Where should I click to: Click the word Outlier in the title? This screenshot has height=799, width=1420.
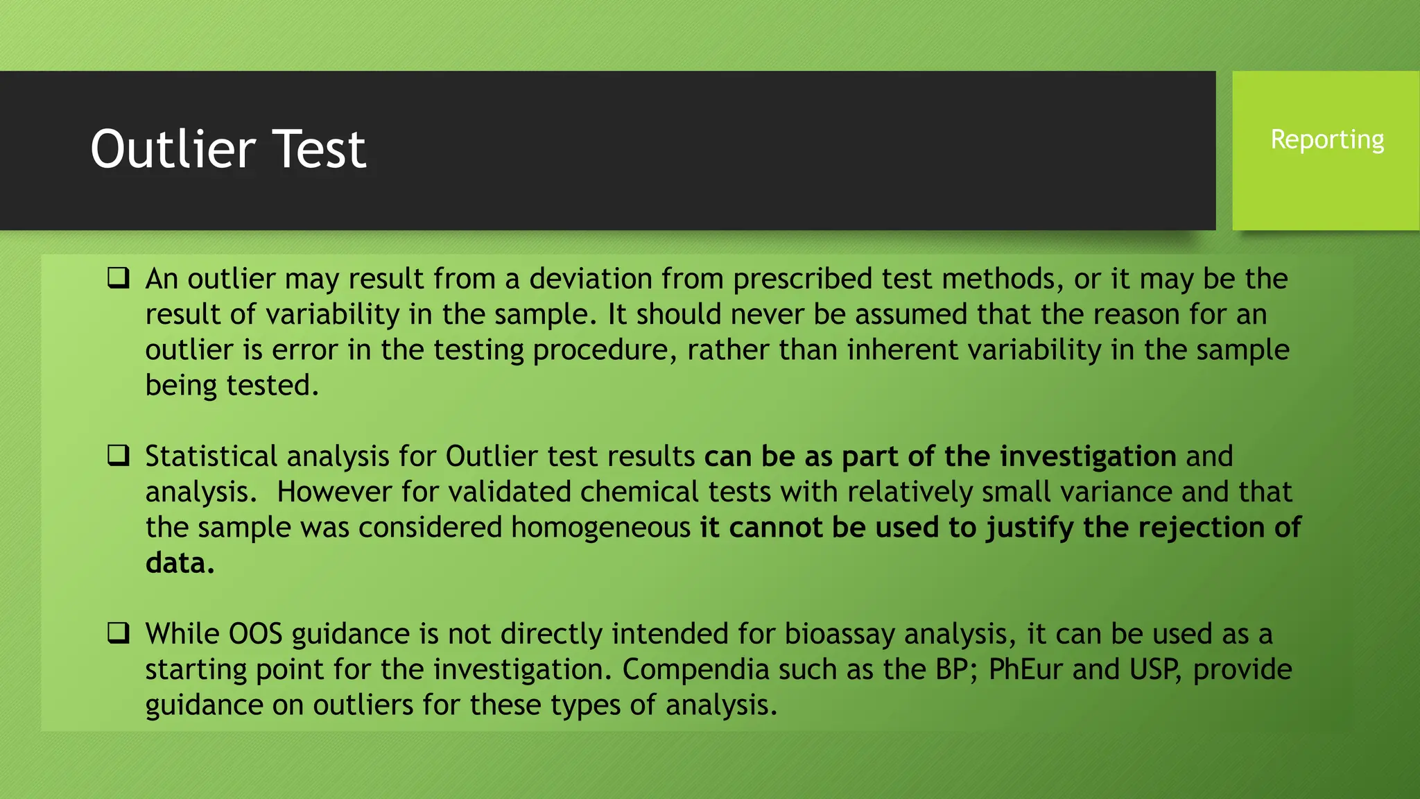coord(173,149)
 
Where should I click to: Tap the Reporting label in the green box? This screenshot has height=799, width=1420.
coord(1327,139)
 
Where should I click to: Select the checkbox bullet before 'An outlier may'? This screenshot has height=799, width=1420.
coord(119,279)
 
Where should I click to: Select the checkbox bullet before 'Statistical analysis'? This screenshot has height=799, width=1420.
coord(119,456)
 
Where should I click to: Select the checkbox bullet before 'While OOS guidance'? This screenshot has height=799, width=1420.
coord(119,633)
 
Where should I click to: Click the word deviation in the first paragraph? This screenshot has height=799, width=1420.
coord(590,279)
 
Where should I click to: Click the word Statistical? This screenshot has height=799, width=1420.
coord(211,456)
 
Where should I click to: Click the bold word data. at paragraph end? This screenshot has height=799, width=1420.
coord(180,563)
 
